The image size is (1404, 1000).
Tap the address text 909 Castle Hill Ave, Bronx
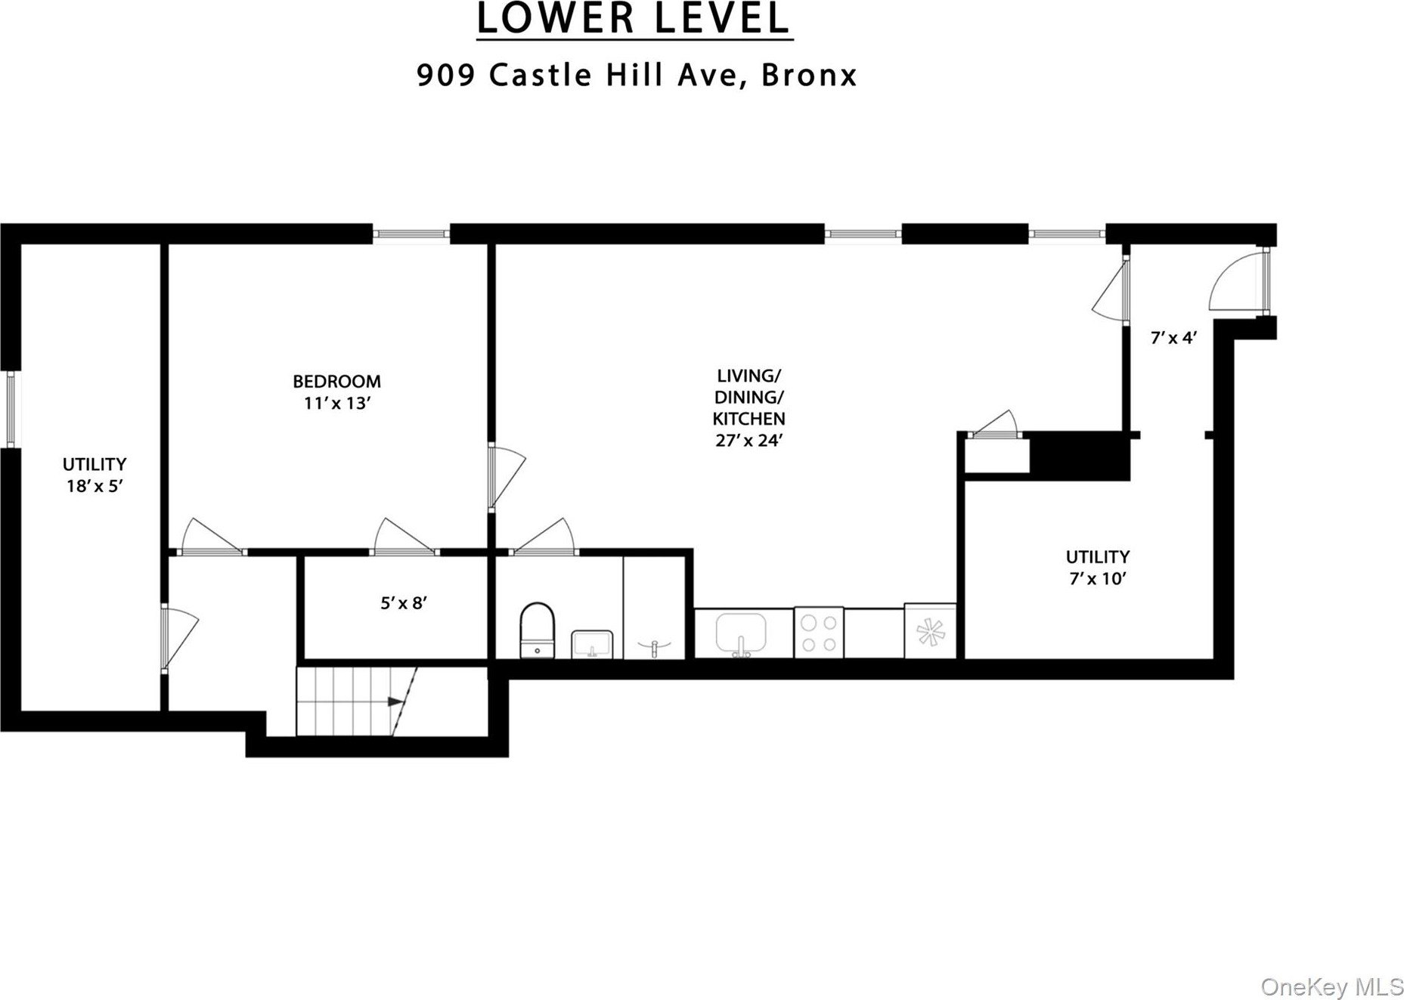click(637, 76)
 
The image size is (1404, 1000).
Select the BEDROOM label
click(336, 381)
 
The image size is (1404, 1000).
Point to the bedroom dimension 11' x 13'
click(336, 404)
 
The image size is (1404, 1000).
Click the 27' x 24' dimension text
click(748, 440)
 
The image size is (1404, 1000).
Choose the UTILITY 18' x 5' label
click(95, 475)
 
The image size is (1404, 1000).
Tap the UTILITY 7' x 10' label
click(1098, 568)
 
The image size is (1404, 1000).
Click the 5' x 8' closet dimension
click(404, 603)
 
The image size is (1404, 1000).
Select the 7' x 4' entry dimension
click(1173, 339)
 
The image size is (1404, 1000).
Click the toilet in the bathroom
click(538, 630)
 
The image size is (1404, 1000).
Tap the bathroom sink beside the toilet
click(592, 643)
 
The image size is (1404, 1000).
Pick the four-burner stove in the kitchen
click(819, 633)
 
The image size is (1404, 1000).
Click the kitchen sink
click(741, 633)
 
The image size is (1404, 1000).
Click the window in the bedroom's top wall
click(411, 234)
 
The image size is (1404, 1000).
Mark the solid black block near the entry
click(1080, 455)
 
